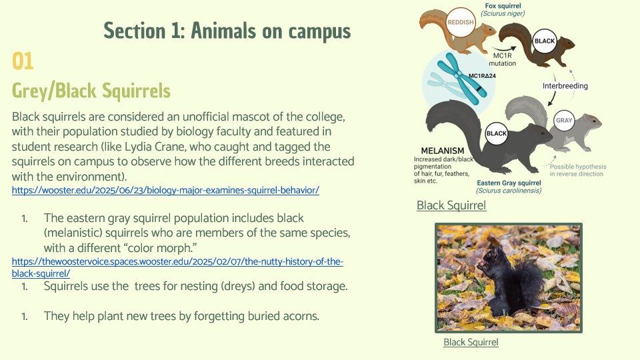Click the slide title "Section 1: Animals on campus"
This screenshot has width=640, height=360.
[227, 31]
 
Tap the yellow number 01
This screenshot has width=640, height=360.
[23, 61]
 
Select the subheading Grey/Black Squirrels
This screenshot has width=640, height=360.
[91, 91]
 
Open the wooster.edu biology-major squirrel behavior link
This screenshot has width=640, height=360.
[165, 190]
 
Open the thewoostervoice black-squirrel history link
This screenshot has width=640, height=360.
[177, 267]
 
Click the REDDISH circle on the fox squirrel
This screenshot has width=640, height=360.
[461, 23]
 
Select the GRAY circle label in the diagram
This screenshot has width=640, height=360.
[564, 121]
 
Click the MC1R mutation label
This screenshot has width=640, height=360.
[503, 59]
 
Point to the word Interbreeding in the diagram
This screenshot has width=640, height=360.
[565, 86]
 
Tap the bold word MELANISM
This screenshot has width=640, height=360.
[443, 151]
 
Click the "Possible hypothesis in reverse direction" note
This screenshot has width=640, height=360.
[577, 170]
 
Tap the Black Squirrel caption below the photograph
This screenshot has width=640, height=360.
[471, 342]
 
